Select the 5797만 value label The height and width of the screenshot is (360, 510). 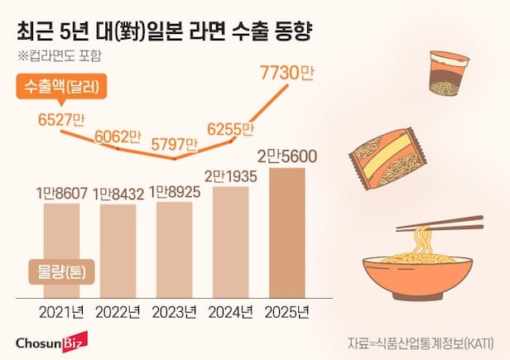tap(175, 146)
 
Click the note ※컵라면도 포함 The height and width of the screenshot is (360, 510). tap(62, 56)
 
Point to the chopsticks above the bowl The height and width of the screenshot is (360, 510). tap(439, 224)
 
